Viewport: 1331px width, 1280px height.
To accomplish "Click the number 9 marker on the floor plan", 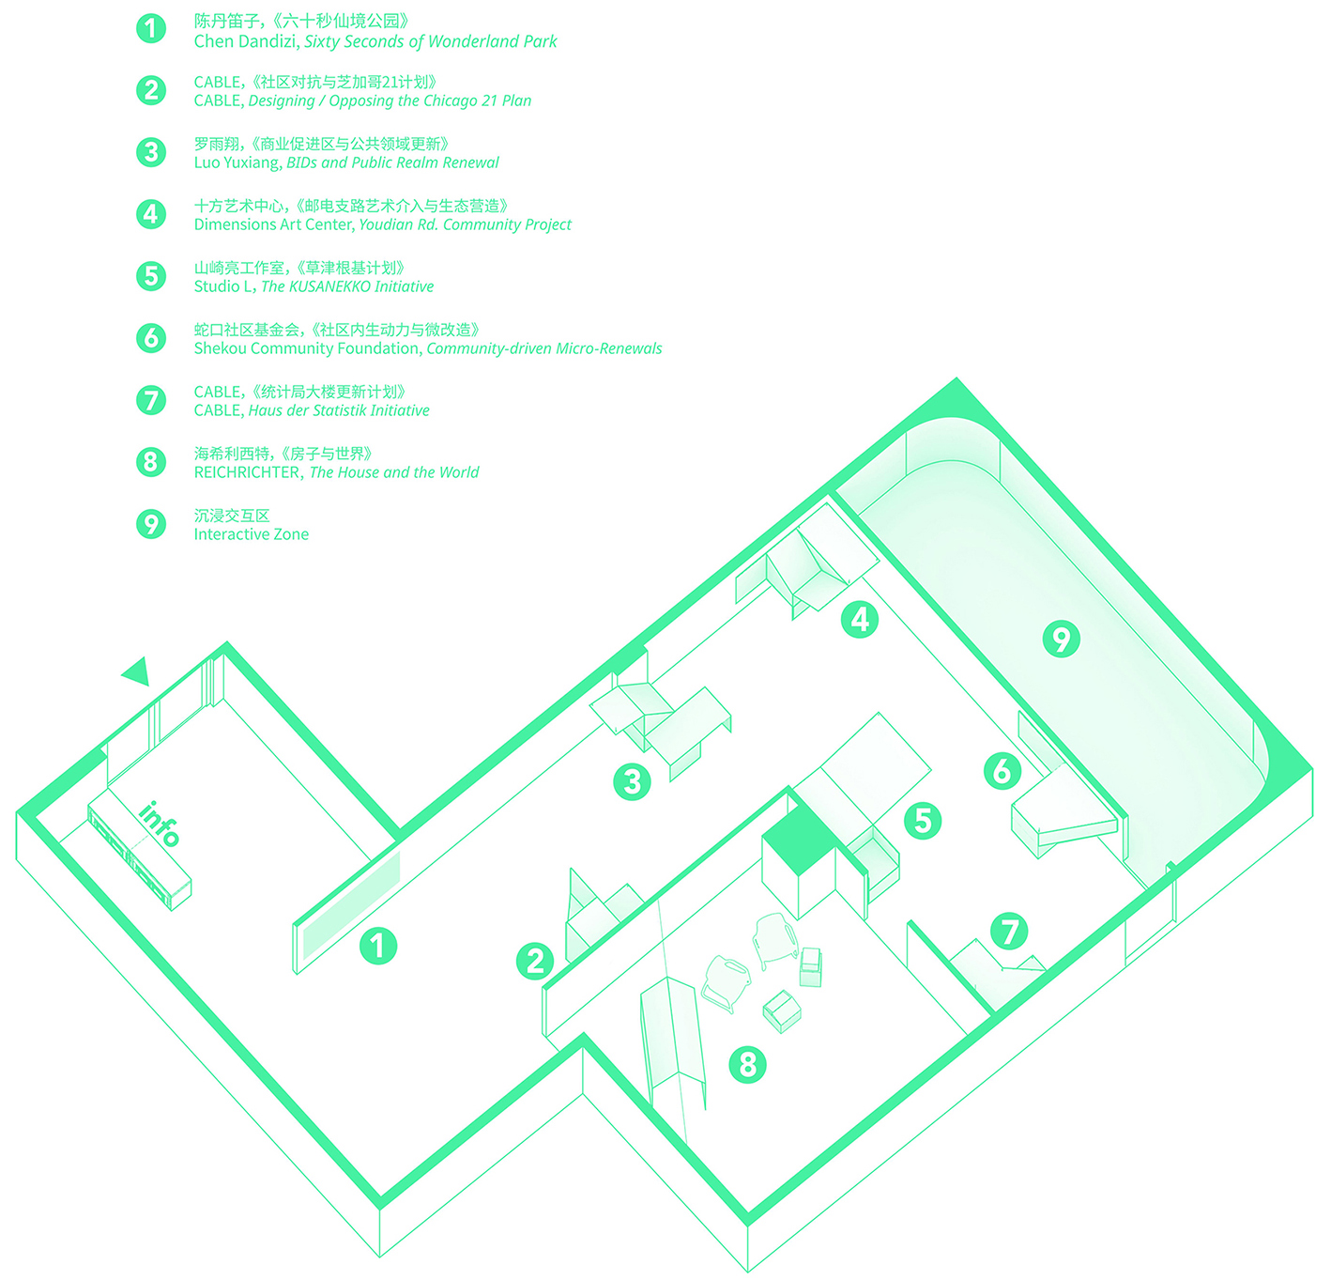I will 1062,640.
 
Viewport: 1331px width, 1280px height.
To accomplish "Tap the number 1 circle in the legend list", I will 150,28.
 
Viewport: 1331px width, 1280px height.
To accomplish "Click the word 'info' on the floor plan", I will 160,823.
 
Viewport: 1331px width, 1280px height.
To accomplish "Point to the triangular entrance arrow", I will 137,670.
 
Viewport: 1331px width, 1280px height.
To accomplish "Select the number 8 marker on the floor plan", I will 747,1064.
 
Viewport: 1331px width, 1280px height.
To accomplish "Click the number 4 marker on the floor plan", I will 860,620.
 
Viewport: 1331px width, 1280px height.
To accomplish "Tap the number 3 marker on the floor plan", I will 632,781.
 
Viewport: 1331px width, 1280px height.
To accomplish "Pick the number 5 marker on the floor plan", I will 923,821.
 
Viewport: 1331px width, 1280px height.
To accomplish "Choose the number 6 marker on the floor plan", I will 1002,770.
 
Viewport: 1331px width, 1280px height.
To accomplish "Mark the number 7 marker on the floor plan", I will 1010,932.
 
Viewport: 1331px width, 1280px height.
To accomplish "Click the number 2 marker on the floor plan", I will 535,961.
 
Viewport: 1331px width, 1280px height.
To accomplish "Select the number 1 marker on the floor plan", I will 378,946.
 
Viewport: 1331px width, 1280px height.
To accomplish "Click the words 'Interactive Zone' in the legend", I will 251,534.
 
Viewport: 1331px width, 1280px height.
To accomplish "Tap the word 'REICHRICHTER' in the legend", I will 248,472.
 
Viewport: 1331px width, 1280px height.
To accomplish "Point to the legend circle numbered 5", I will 150,276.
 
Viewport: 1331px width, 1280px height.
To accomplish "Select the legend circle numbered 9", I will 150,523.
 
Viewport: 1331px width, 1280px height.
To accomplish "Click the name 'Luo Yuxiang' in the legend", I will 237,162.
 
